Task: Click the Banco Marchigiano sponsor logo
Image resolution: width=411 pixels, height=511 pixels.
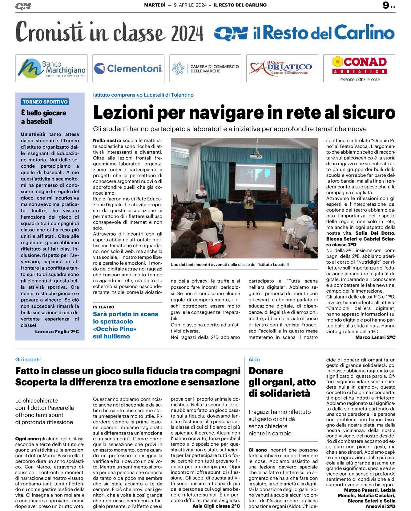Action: tap(51, 68)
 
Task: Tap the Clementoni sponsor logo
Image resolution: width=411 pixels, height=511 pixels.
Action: tap(128, 68)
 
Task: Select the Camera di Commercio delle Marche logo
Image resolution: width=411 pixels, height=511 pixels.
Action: tap(205, 68)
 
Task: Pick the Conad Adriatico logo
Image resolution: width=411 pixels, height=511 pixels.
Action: tap(359, 68)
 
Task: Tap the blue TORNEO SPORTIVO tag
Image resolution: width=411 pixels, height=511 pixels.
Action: tap(45, 102)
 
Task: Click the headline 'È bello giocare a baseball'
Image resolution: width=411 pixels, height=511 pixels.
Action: tap(43, 117)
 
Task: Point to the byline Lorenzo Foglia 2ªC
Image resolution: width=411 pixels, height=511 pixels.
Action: tap(57, 332)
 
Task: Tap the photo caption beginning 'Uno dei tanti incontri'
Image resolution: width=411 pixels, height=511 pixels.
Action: tap(230, 265)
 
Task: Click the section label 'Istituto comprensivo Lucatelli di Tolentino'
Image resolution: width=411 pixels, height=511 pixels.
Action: tap(143, 95)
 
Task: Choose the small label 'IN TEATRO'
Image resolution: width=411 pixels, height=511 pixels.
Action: tap(104, 307)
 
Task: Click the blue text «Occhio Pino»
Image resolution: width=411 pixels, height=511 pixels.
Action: tap(115, 329)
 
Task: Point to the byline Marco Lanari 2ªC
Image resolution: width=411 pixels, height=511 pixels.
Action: tap(375, 337)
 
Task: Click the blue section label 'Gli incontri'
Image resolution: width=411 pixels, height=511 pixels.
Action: tap(28, 360)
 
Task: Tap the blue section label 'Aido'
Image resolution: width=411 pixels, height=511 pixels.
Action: tap(254, 360)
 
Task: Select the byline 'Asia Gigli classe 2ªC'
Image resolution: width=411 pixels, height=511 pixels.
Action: tap(216, 506)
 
